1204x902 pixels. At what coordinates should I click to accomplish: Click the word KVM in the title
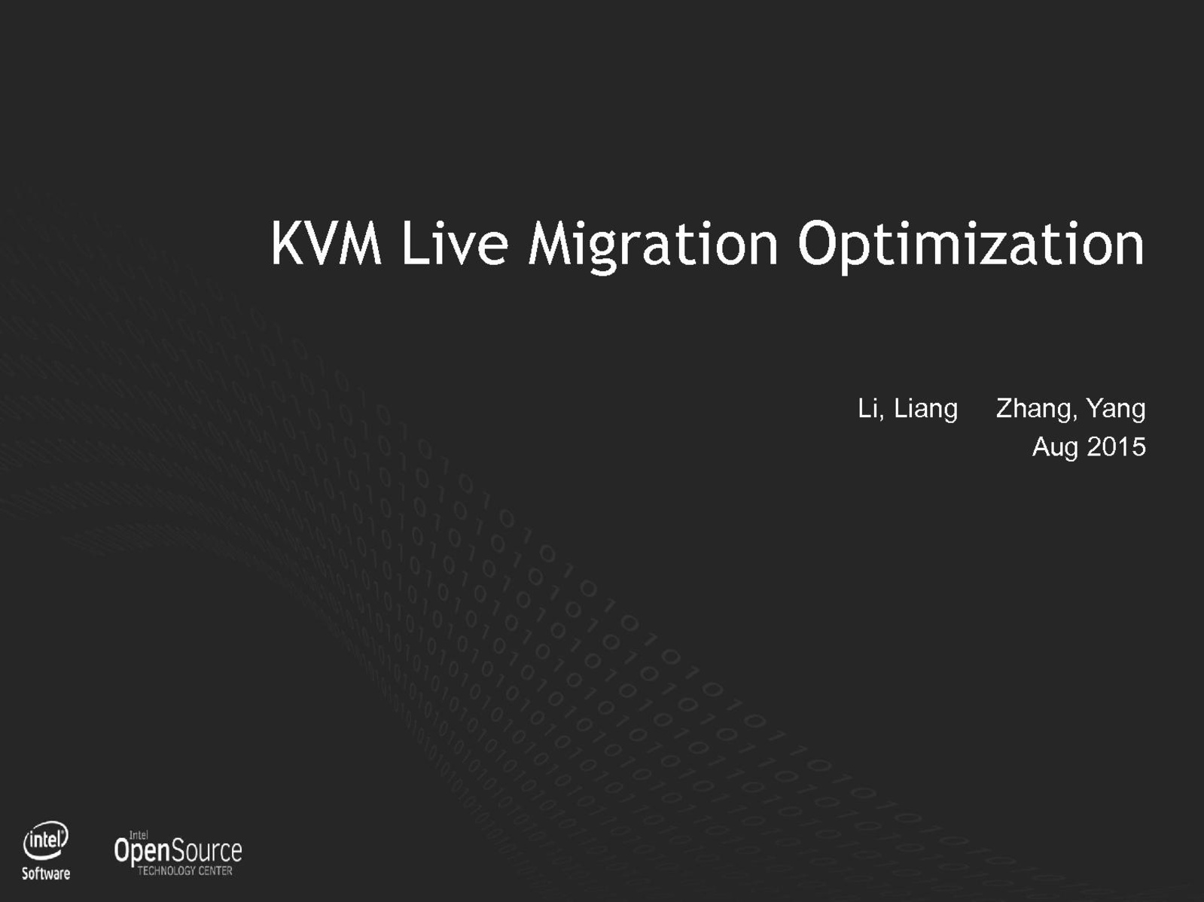click(x=326, y=243)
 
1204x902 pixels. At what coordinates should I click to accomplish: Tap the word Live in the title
click(x=455, y=243)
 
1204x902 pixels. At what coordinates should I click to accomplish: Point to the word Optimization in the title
click(x=971, y=246)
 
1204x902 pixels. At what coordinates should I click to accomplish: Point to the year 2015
click(x=1116, y=447)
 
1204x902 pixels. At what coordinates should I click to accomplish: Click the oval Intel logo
click(x=45, y=840)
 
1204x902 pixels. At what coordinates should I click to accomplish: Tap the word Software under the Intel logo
click(x=45, y=873)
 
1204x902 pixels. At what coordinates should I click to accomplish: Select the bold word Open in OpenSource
click(x=142, y=852)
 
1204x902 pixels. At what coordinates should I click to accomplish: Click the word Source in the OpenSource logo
click(x=206, y=851)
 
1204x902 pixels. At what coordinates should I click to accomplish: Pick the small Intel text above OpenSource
click(x=139, y=835)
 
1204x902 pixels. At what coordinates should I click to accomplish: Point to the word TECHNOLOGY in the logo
click(x=166, y=870)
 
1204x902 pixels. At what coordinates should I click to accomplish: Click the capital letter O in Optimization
click(x=819, y=243)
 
